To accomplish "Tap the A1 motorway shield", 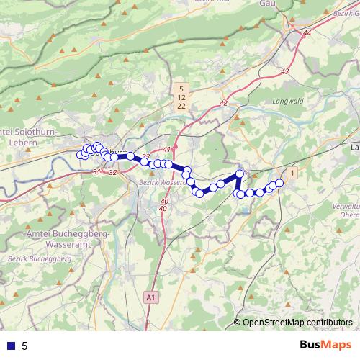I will (x=150, y=296).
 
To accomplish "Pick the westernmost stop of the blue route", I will (x=81, y=155).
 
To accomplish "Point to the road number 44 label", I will (x=308, y=33).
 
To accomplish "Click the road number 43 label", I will (x=284, y=71).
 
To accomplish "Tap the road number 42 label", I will (x=223, y=104).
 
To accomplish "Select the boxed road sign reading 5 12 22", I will (x=181, y=96).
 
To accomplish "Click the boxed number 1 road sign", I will (x=292, y=174).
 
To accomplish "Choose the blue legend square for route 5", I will (x=10, y=346).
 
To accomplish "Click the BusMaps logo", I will (x=326, y=345).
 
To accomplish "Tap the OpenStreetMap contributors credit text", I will (x=297, y=322).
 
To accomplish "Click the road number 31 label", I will (x=96, y=172).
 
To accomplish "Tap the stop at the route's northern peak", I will (x=240, y=173).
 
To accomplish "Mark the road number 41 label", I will (x=168, y=149).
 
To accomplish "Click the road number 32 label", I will (x=112, y=173).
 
